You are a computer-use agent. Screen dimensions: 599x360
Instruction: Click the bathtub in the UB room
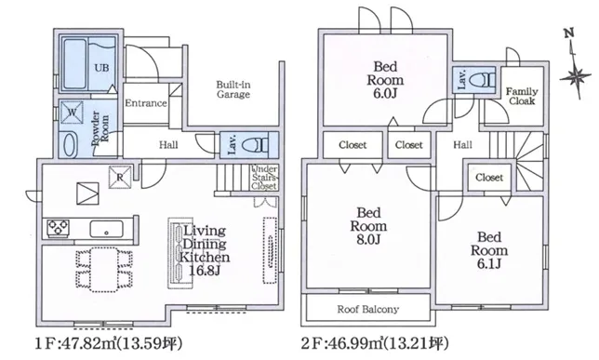(74, 64)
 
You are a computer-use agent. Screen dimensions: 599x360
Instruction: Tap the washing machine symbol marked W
(72, 113)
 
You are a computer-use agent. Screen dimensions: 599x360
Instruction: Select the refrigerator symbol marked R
(120, 178)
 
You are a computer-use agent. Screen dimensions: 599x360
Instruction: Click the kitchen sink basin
(107, 229)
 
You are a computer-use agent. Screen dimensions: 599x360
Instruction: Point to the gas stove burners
(58, 228)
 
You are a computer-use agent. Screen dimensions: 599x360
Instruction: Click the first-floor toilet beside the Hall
(256, 145)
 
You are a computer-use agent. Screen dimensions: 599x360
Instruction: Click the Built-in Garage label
(233, 89)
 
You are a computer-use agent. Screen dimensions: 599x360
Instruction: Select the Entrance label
(146, 103)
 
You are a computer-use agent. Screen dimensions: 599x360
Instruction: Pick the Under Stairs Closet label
(264, 178)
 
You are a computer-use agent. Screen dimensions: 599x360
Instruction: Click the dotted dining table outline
(104, 270)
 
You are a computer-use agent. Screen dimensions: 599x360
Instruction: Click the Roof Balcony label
(368, 309)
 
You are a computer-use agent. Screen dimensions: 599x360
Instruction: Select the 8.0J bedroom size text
(368, 240)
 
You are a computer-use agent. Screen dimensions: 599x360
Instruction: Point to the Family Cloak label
(522, 97)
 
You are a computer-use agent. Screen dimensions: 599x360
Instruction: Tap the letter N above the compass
(569, 33)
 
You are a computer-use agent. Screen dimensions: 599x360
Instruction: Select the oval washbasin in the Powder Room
(69, 145)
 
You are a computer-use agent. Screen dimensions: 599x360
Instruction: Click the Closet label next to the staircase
(489, 178)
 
